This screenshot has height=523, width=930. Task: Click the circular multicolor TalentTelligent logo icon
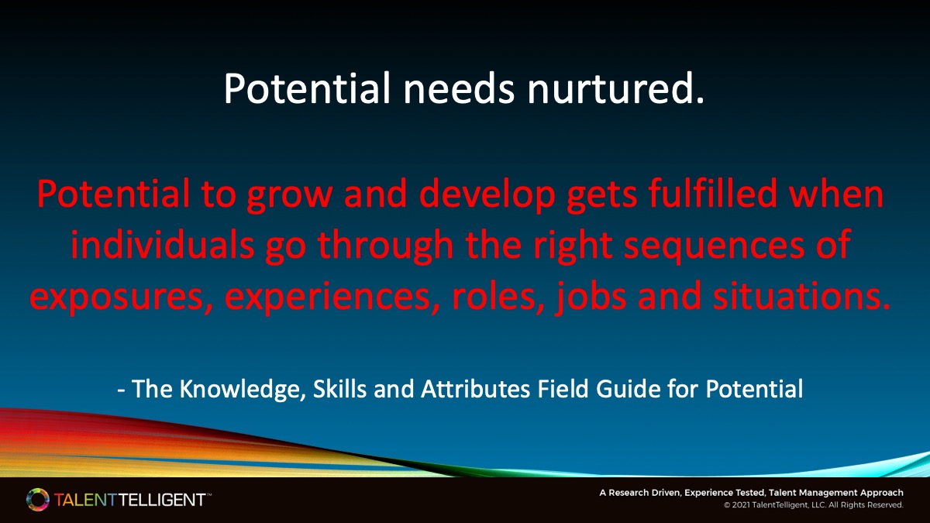(36, 500)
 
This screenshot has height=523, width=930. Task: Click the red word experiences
(325, 296)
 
